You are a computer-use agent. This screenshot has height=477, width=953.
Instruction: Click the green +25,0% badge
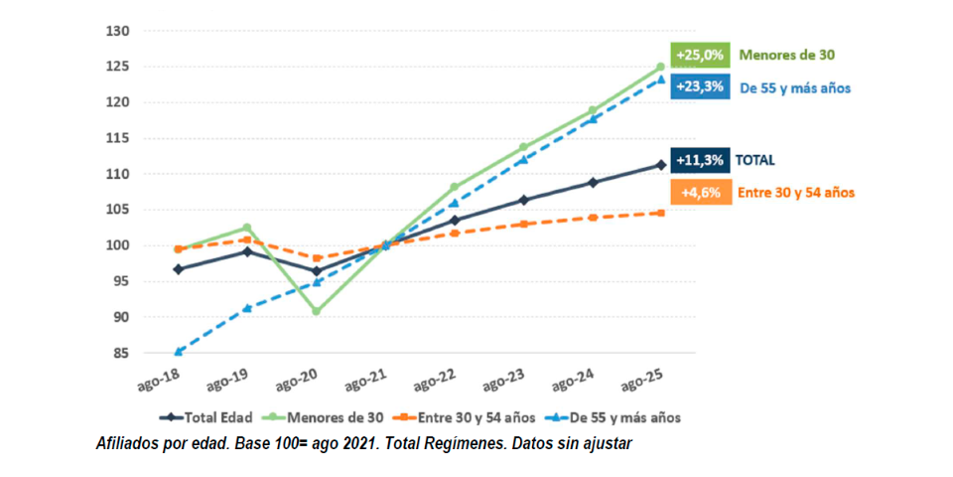[701, 55]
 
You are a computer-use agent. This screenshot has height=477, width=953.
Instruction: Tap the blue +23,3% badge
[701, 86]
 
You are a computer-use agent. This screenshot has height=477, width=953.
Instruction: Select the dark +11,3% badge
[701, 159]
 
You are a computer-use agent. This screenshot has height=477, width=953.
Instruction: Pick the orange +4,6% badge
[701, 192]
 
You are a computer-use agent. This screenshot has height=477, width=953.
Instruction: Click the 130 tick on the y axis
[118, 31]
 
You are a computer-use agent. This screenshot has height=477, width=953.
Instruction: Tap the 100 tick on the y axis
[118, 245]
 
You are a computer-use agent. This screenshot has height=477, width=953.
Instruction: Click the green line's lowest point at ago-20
[316, 311]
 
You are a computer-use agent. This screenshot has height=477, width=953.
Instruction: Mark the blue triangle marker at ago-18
[178, 352]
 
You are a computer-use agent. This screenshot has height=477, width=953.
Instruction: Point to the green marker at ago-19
[247, 228]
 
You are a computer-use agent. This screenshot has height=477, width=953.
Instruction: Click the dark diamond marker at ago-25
[660, 165]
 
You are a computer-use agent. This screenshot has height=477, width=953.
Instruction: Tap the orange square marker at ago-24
[593, 217]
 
